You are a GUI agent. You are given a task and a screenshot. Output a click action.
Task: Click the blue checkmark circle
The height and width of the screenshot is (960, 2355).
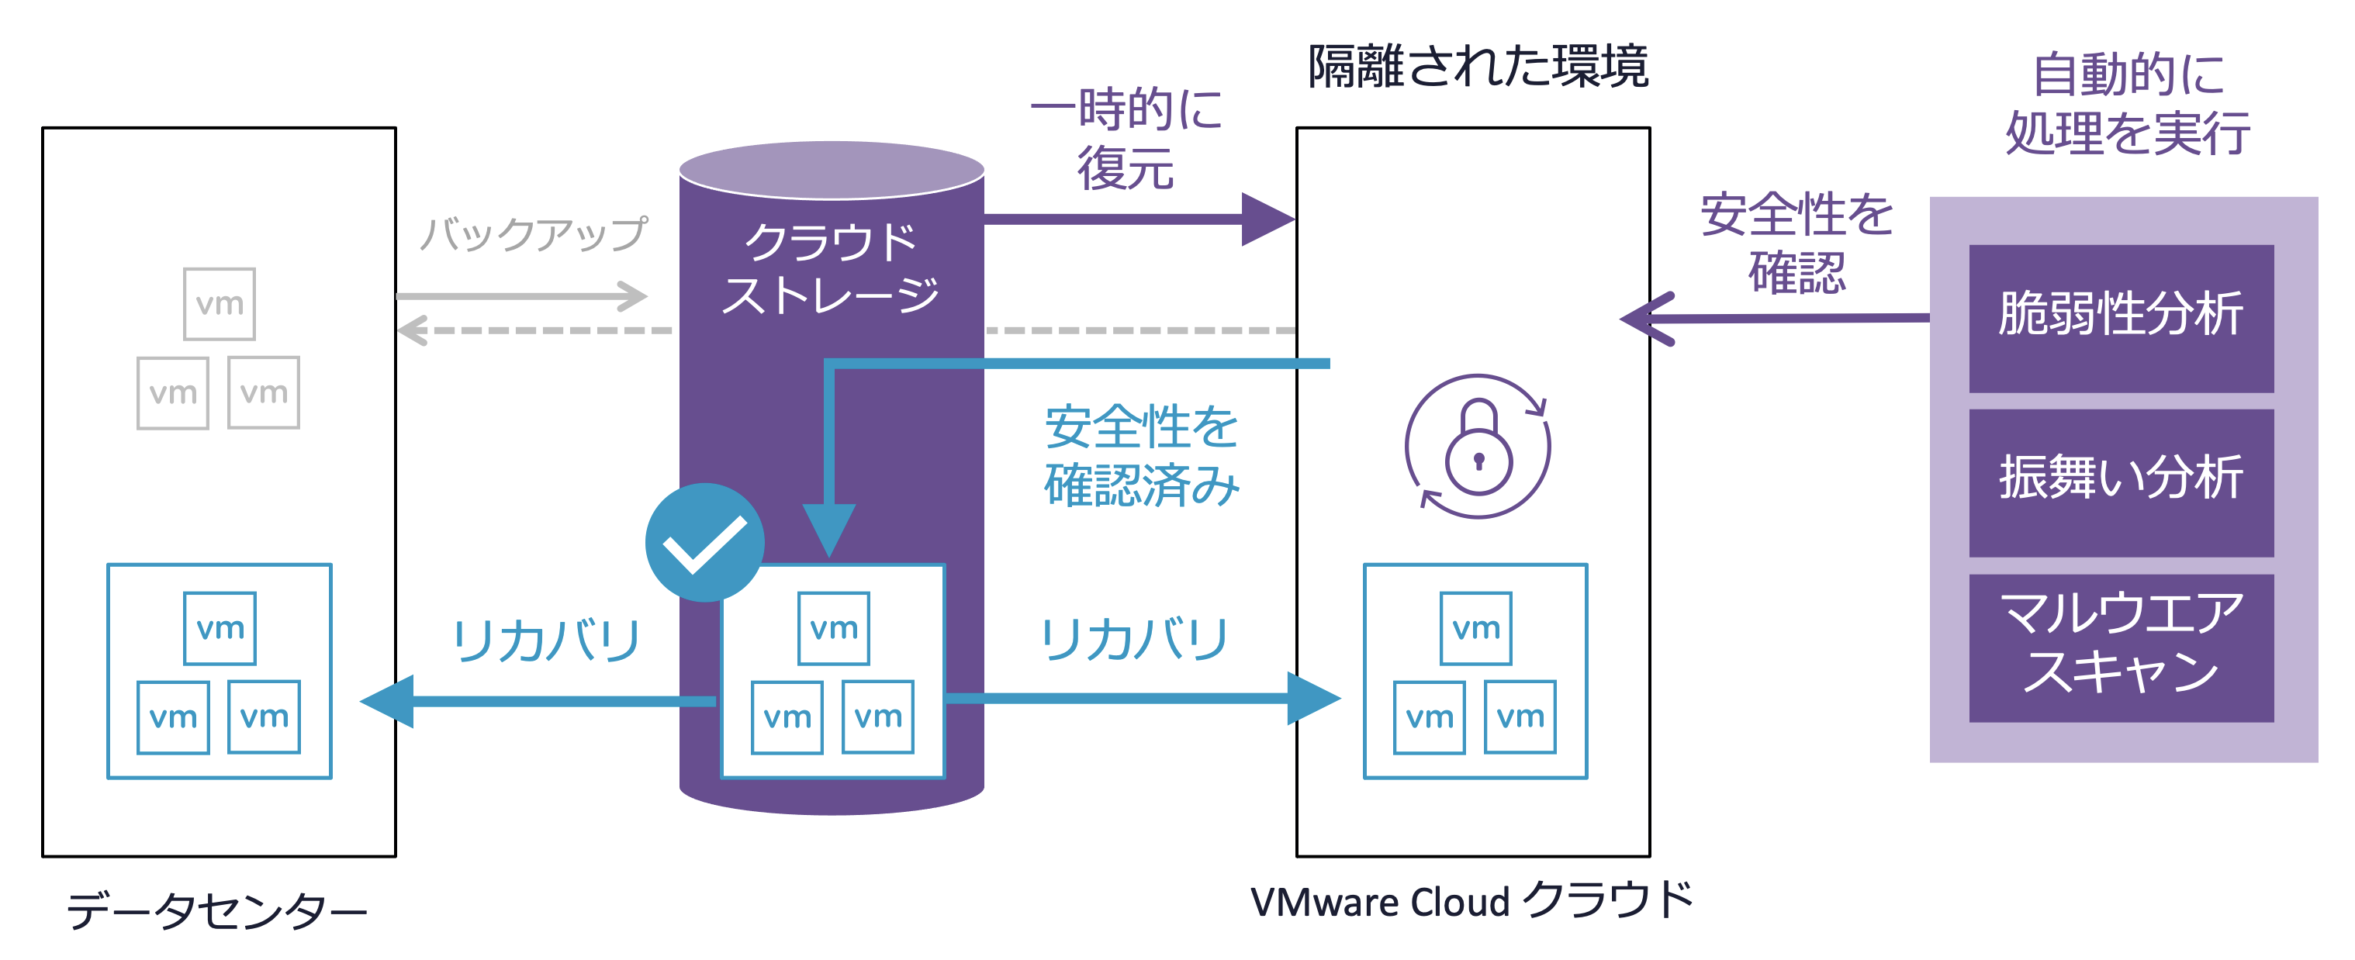(704, 541)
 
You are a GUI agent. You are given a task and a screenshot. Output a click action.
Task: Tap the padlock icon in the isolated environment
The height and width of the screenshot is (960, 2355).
(1478, 447)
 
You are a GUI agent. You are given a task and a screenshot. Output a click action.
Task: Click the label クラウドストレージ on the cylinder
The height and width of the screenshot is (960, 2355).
(830, 268)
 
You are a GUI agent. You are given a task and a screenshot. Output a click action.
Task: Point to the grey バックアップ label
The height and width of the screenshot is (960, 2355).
(533, 233)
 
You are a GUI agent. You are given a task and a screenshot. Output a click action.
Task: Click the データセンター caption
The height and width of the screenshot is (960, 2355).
(216, 910)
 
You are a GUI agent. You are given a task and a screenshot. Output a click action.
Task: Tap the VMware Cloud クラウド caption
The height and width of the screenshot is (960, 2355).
(1472, 900)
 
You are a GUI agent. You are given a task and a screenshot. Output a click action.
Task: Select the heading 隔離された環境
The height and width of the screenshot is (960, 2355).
(1478, 67)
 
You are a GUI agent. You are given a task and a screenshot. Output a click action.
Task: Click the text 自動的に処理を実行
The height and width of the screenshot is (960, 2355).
(2128, 103)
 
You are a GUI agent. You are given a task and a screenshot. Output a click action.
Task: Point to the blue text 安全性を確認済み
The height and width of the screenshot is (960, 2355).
(1141, 455)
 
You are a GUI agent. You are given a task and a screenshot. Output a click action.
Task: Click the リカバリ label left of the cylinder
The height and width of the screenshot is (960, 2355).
(546, 639)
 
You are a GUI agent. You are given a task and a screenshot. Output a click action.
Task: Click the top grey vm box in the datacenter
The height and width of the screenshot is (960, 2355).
(220, 303)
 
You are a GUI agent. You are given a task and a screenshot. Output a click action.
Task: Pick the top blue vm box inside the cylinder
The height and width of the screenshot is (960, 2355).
(833, 628)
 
